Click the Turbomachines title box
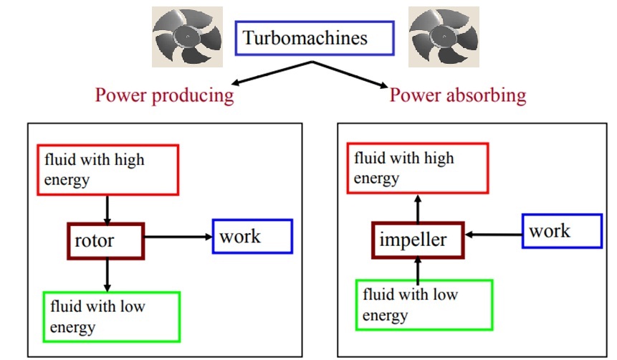click(x=315, y=38)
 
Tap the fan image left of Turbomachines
click(x=186, y=37)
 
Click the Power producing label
click(x=165, y=95)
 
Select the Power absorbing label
click(x=457, y=95)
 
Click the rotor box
click(x=105, y=240)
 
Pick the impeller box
click(x=418, y=240)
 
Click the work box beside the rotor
click(x=252, y=236)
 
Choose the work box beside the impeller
click(x=562, y=231)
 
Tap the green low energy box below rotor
click(x=111, y=316)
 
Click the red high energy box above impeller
click(x=418, y=168)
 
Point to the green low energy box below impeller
click(x=424, y=305)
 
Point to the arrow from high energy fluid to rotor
click(x=107, y=209)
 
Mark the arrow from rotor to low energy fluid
click(x=107, y=274)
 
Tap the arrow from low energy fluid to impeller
click(x=418, y=268)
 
